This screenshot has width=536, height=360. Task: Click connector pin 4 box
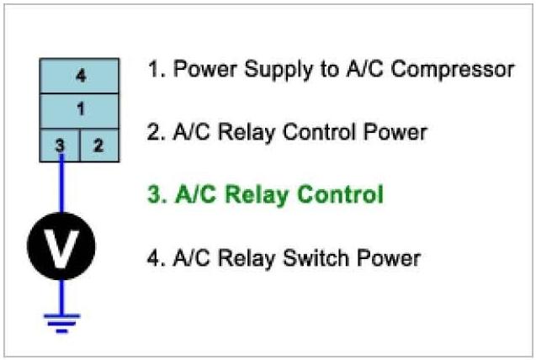(80, 76)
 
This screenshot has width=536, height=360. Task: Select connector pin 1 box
(80, 109)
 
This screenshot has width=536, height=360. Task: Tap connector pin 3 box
(60, 144)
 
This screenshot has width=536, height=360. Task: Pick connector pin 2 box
(98, 144)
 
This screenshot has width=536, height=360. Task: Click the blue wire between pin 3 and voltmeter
(61, 189)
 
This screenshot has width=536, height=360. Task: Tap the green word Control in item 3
(338, 195)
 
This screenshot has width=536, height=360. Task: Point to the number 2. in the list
(156, 132)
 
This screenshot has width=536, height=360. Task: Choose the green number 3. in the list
(156, 195)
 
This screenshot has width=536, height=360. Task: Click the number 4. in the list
(156, 258)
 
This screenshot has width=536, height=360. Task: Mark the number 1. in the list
(156, 69)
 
